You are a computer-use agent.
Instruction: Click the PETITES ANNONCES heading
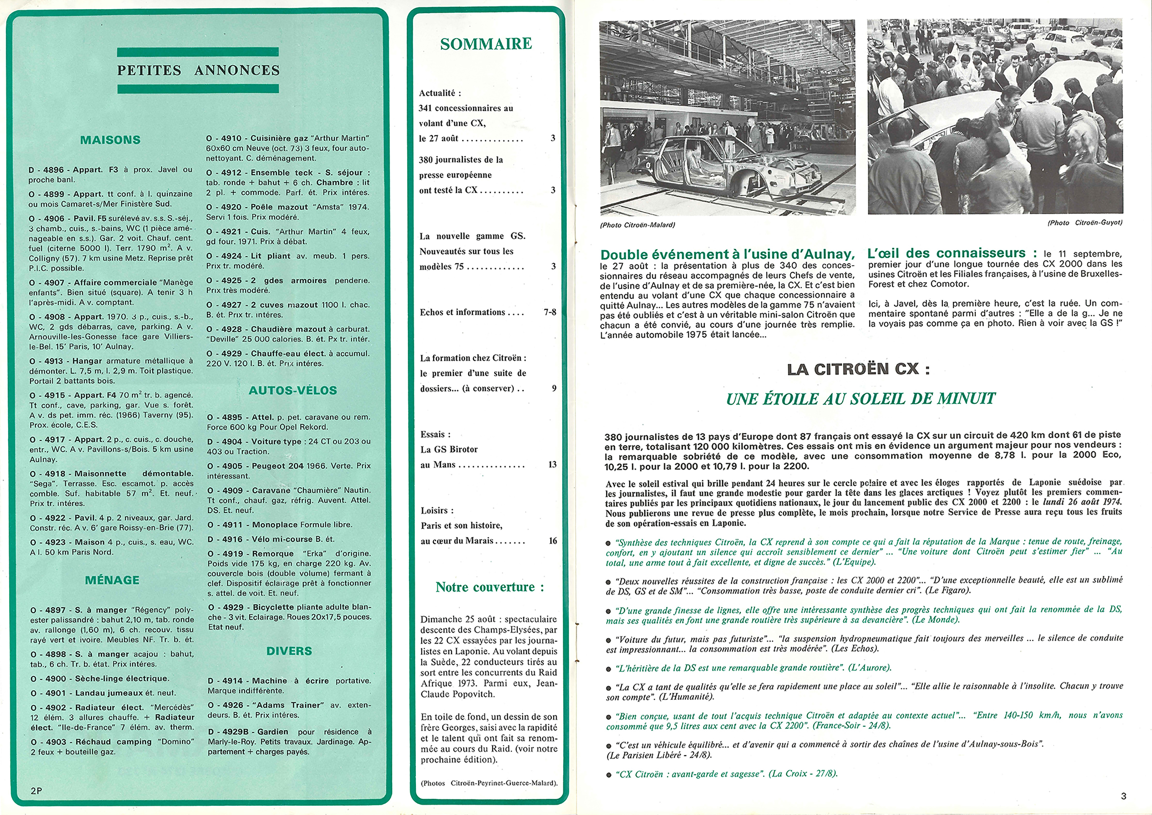pos(198,70)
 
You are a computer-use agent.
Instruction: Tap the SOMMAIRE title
pos(486,44)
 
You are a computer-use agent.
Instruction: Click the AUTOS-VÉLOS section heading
pos(293,390)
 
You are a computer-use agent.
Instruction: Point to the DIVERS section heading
pos(289,651)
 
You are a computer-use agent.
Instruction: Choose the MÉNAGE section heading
pos(112,580)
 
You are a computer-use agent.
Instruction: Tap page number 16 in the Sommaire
pos(553,541)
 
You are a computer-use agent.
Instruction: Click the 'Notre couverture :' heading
pos(490,587)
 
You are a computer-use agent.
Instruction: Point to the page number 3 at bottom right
pos(1123,796)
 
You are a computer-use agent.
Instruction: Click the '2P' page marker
pos(36,791)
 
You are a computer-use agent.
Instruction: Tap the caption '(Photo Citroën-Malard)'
pos(637,225)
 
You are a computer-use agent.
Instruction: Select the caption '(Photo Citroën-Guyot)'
pos(1085,223)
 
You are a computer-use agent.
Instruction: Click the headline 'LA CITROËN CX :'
pos(858,369)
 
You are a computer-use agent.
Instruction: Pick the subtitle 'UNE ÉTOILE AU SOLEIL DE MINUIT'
pos(861,399)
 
